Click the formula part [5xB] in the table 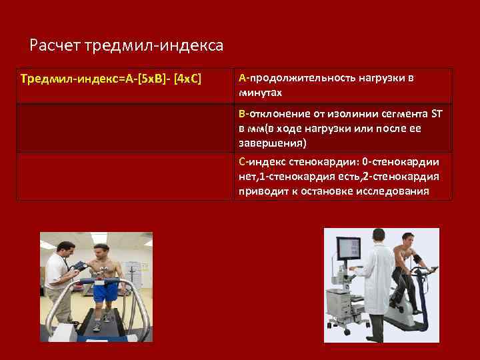155,79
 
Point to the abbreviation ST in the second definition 437,113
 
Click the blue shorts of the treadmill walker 105,291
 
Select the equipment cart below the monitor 346,303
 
